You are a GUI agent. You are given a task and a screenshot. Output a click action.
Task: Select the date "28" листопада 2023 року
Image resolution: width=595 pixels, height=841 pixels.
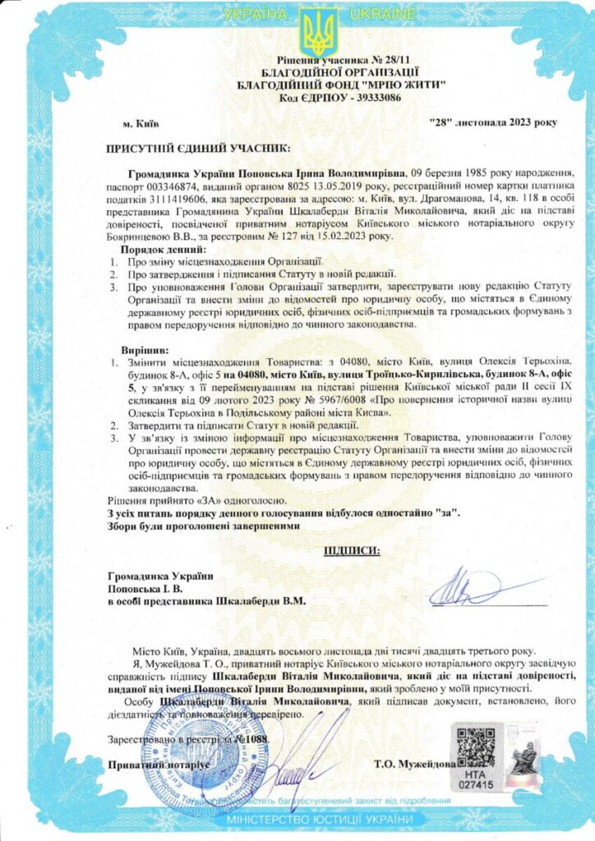[x=492, y=123]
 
